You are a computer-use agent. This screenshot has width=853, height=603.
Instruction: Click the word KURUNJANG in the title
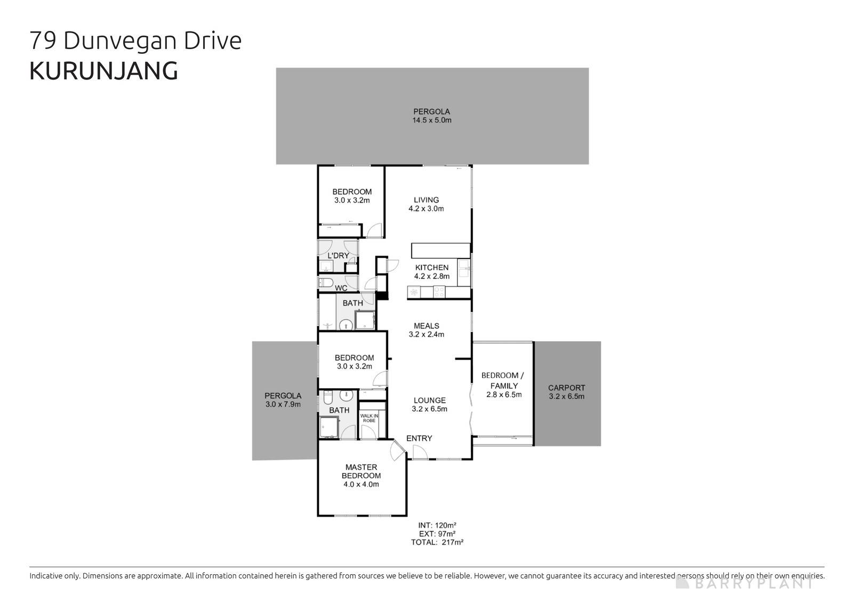[x=103, y=71]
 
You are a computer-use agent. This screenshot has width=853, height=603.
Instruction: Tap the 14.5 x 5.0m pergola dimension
[x=431, y=120]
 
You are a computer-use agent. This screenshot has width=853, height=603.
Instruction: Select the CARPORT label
[x=566, y=388]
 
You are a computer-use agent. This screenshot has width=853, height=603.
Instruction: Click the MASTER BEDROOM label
[x=361, y=471]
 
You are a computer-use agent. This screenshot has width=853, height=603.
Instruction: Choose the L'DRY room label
[x=338, y=256]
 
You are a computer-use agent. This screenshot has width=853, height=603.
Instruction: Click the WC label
[x=341, y=288]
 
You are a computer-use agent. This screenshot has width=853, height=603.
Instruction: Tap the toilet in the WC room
[x=325, y=282]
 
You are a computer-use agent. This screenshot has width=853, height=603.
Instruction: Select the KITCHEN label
[x=432, y=268]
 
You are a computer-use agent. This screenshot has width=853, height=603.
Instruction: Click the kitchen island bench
[x=440, y=251]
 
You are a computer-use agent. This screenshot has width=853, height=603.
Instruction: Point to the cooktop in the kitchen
[x=439, y=292]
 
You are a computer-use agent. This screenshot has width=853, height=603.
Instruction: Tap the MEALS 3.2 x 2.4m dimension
[x=426, y=334]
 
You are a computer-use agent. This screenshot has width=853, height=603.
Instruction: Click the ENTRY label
[x=419, y=438]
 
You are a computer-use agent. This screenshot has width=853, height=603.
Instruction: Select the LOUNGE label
[x=430, y=400]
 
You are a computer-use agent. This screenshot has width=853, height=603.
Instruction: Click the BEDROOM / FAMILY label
[x=503, y=380]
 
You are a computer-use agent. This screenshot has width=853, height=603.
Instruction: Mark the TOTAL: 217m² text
[x=437, y=542]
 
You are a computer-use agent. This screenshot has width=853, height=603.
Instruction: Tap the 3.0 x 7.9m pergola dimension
[x=283, y=404]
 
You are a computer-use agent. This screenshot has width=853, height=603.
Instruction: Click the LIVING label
[x=426, y=200]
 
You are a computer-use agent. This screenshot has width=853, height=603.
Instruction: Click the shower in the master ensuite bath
[x=329, y=427]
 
